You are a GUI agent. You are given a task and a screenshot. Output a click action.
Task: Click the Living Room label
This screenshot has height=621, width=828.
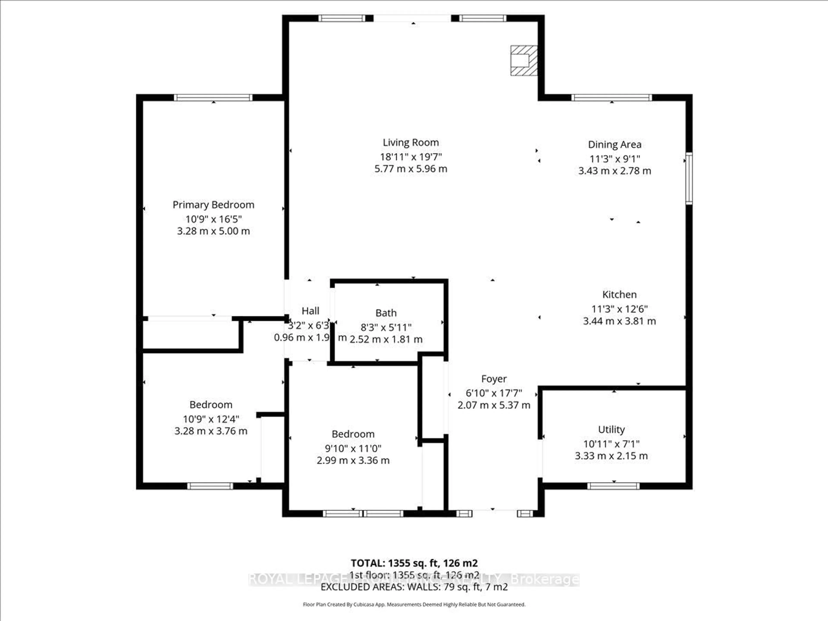point(411,142)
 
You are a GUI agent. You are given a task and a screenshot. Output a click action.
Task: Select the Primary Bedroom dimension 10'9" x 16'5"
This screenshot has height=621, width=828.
point(213,219)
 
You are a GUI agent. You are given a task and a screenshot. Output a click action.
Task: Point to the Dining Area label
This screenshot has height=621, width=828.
point(614,144)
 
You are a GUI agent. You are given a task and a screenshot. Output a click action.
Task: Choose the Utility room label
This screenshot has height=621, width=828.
point(611,429)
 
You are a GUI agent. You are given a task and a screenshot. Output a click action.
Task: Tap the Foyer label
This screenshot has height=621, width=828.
point(494,379)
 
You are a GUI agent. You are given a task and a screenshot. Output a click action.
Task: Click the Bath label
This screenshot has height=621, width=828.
point(386,313)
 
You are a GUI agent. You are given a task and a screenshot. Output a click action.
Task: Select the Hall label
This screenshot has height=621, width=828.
point(310,311)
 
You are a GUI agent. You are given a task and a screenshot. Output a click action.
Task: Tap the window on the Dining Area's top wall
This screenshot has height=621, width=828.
point(612,98)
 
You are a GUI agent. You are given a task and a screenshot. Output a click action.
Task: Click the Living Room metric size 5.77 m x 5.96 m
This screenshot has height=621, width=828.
point(411,169)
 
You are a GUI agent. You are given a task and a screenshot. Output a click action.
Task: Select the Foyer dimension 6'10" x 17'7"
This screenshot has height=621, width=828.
point(494,393)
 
